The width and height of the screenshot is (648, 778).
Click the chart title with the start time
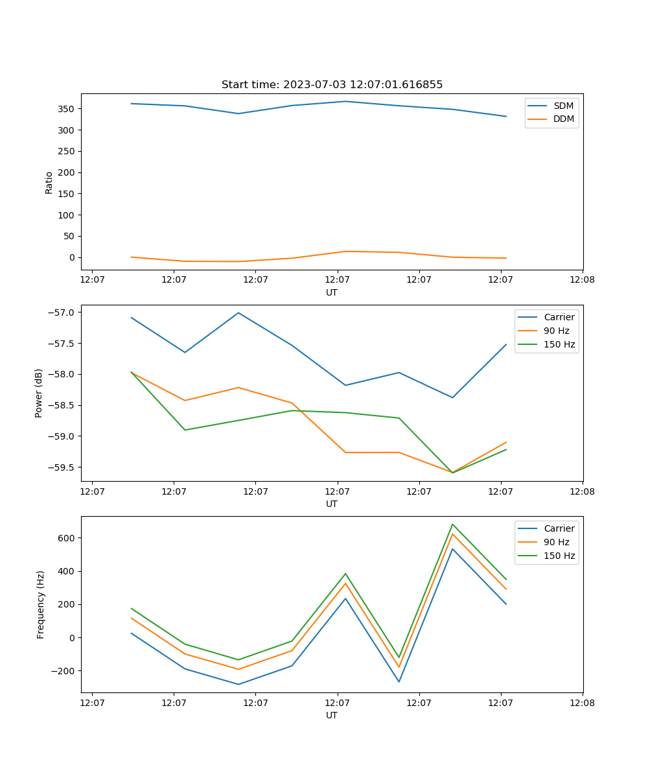coord(332,85)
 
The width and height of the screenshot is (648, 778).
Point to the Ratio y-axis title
coord(49,182)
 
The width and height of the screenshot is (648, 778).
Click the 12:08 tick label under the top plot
coord(582,280)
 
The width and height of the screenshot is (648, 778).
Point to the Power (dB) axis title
coord(39,393)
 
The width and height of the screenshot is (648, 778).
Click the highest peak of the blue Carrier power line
coord(238,312)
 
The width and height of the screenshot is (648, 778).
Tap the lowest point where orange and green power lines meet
coord(452,473)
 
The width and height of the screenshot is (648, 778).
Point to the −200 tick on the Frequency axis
coord(65,671)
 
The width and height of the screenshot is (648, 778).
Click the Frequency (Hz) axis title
coord(41,604)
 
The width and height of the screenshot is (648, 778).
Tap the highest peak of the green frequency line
coord(452,525)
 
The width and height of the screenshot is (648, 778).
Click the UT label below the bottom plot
coord(332,715)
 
